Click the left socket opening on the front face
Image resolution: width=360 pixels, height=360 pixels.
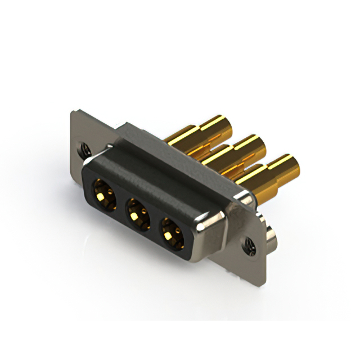coord(103,192)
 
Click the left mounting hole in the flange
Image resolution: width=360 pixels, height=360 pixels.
coord(84,149)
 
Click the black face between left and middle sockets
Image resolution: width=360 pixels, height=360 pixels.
coord(120,201)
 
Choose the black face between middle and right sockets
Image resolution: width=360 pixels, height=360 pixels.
coord(153,220)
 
